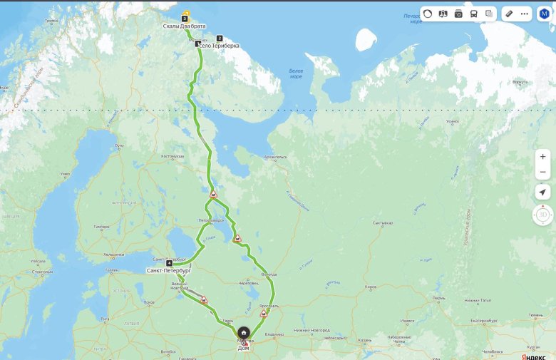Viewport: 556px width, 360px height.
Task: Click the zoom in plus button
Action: click(x=543, y=157)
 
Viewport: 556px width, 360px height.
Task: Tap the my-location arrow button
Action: click(x=543, y=192)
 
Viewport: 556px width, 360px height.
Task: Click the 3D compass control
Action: click(x=543, y=215)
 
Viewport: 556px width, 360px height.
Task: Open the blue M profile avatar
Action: click(x=545, y=14)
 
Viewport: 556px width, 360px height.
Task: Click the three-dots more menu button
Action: click(x=524, y=14)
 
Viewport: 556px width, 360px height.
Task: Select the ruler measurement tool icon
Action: click(x=509, y=14)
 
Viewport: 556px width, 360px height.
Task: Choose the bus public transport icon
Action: click(x=474, y=14)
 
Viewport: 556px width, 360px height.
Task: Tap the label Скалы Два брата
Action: click(x=184, y=26)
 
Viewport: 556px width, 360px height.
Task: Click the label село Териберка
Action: click(x=218, y=46)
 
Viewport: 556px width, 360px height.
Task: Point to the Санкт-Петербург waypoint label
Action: click(x=169, y=271)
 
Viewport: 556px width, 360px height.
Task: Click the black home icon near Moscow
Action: click(x=244, y=333)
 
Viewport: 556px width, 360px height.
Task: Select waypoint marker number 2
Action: click(x=220, y=38)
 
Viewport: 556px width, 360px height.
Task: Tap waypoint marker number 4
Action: click(x=169, y=264)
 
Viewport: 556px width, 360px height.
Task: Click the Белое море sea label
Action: click(x=296, y=73)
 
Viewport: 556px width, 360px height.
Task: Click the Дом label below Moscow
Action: click(x=244, y=348)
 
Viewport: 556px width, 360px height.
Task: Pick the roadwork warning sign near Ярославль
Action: click(x=264, y=313)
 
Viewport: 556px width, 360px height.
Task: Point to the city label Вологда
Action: click(x=269, y=274)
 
